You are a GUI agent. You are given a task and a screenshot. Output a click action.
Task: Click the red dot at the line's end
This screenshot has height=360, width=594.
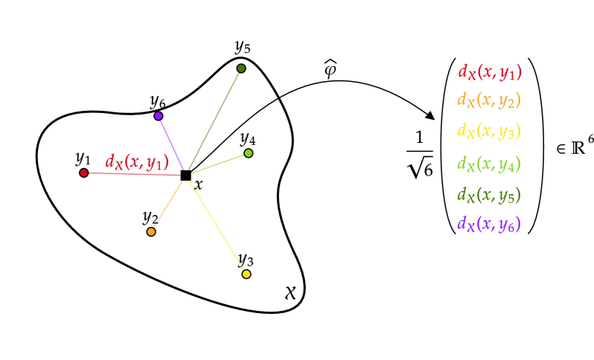pyautogui.click(x=84, y=173)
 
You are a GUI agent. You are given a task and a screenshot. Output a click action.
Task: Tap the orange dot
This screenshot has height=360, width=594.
pyautogui.click(x=151, y=232)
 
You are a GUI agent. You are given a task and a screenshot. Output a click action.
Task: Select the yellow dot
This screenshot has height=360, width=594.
pyautogui.click(x=246, y=274)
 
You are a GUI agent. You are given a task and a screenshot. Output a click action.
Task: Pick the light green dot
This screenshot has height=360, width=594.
pyautogui.click(x=249, y=153)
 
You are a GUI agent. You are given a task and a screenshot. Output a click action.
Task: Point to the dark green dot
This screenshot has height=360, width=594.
pyautogui.click(x=241, y=68)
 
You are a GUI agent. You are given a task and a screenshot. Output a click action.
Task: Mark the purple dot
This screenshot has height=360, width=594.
pyautogui.click(x=159, y=116)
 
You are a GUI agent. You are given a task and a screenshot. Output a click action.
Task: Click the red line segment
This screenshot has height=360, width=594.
pyautogui.click(x=134, y=174)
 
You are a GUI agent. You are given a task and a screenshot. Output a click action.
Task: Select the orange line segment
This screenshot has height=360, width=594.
pyautogui.click(x=169, y=203)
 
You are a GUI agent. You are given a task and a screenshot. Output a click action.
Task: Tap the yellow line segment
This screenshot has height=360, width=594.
pyautogui.click(x=217, y=225)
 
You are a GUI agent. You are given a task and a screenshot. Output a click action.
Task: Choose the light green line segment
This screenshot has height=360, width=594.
pyautogui.click(x=219, y=164)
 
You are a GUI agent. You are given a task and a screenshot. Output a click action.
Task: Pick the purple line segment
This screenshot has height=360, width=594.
pyautogui.click(x=171, y=143)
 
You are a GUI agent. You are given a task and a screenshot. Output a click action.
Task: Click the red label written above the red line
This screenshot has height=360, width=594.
pyautogui.click(x=137, y=161)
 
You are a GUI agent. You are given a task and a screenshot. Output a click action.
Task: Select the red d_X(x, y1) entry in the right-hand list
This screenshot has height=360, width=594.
pyautogui.click(x=489, y=72)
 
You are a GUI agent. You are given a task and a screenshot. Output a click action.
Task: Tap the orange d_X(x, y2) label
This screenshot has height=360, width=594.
pyautogui.click(x=488, y=100)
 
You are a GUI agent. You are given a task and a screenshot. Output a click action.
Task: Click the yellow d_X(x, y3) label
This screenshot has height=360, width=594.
pyautogui.click(x=488, y=131)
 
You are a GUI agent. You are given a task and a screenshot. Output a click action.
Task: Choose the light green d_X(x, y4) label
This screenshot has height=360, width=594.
pyautogui.click(x=488, y=164)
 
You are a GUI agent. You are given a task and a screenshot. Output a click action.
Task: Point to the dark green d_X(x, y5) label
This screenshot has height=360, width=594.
pyautogui.click(x=488, y=195)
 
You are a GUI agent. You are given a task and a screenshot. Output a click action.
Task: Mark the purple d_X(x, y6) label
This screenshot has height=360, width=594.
pyautogui.click(x=488, y=223)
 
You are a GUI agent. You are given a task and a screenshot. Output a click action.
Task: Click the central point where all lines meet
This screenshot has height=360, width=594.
pyautogui.click(x=185, y=175)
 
